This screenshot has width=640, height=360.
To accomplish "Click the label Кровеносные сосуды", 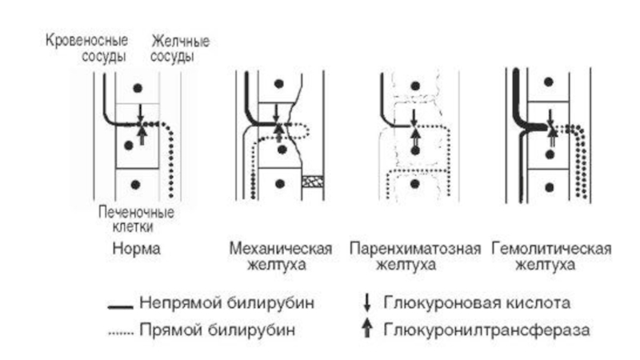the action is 86,48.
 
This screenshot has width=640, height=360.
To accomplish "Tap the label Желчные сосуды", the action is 180,49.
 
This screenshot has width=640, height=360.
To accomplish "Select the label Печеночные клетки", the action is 136,219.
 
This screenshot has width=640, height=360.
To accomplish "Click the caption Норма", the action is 136,249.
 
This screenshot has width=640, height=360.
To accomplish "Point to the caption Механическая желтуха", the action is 281,256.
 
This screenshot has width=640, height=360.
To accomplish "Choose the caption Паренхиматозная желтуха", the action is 415,256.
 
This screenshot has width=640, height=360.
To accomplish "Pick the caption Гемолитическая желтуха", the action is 551,256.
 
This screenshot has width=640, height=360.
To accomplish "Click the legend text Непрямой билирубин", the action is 227,303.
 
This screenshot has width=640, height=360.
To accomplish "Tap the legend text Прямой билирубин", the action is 217,330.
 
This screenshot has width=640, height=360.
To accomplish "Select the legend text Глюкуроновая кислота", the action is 477,303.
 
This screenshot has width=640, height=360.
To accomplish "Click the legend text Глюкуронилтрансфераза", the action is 486,330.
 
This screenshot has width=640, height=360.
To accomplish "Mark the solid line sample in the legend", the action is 121,307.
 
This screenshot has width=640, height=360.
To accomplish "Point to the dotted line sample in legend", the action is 121,334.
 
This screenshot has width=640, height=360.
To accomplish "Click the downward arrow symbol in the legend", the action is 367,303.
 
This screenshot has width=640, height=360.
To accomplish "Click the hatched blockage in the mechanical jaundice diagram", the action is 313,182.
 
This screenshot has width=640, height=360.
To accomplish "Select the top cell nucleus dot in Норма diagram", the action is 138,88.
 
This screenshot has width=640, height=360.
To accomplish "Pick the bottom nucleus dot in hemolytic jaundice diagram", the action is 550,187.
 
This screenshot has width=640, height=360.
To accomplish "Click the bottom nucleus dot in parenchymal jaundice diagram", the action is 415,184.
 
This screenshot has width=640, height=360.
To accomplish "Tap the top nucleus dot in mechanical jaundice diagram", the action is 279,84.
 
